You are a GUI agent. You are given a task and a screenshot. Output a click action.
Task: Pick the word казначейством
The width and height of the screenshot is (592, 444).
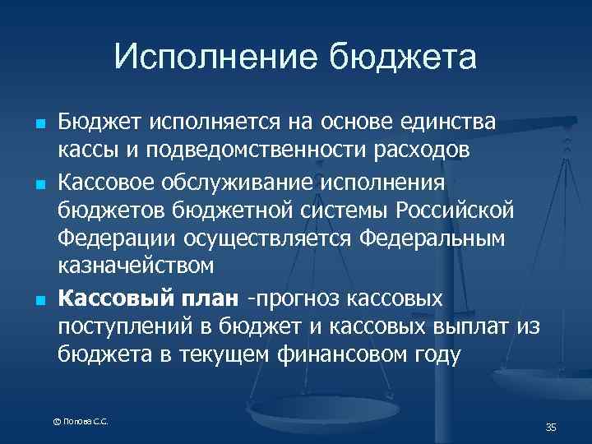[x=136, y=266]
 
